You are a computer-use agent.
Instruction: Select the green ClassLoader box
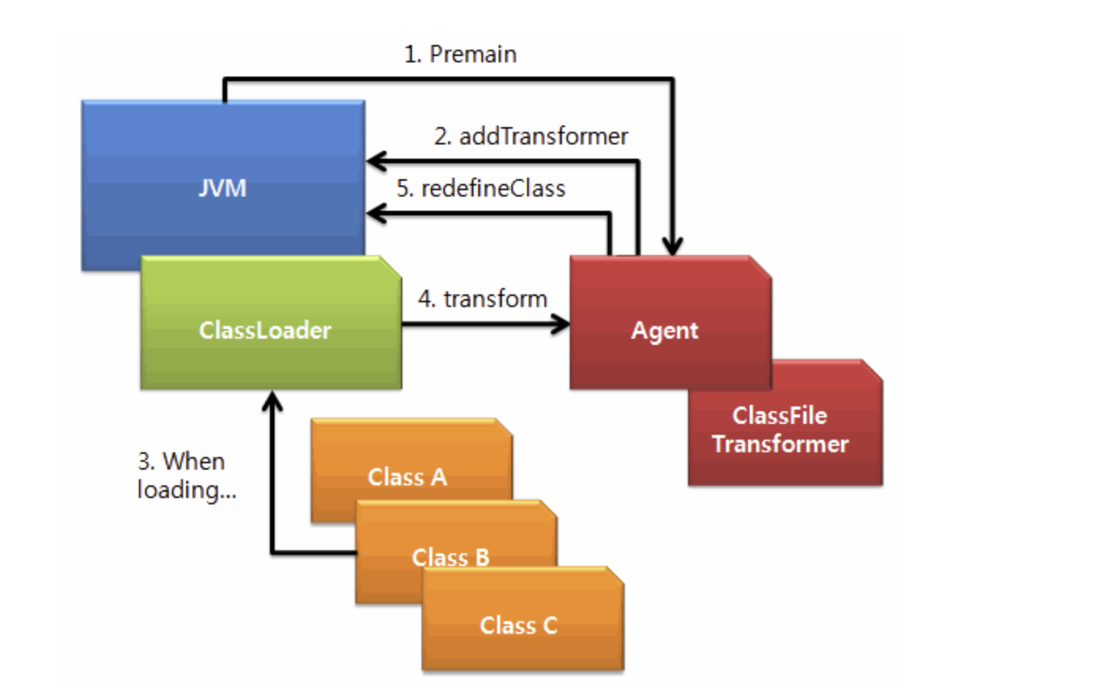click(271, 323)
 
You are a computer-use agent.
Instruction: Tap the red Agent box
click(670, 323)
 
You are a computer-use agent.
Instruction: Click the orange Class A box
click(412, 462)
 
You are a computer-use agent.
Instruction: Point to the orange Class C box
click(523, 619)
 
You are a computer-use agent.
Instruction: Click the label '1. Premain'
click(460, 54)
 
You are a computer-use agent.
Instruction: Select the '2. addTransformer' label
click(531, 136)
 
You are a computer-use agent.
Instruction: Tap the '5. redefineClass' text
click(481, 189)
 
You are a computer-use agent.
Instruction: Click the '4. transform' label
click(483, 298)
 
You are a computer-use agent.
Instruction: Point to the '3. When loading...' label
click(186, 475)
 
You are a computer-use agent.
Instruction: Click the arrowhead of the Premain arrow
click(672, 246)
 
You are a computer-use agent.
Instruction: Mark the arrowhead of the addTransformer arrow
click(376, 161)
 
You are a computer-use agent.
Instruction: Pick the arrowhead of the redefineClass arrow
click(376, 214)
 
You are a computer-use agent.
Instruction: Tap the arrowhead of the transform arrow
click(560, 324)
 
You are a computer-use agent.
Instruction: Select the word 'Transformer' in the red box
click(780, 444)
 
